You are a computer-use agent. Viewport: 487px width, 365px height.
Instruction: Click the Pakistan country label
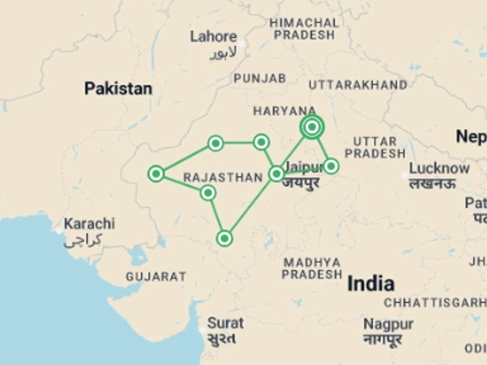click(x=118, y=88)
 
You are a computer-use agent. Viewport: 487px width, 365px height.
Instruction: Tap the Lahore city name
click(x=214, y=37)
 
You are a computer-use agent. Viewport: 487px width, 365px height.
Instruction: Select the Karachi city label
click(x=89, y=224)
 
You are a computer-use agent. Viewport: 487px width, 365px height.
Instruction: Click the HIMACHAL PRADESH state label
click(x=304, y=29)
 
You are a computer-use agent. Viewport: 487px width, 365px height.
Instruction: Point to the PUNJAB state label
click(x=260, y=78)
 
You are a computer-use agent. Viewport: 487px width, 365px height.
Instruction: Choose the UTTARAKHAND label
click(x=358, y=85)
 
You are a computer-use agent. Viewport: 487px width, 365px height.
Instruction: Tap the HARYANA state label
click(x=284, y=111)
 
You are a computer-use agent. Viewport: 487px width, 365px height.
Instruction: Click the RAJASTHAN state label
click(x=223, y=177)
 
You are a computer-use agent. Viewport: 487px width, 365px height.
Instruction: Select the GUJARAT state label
click(x=156, y=277)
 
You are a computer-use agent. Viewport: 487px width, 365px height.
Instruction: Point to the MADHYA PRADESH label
click(x=312, y=269)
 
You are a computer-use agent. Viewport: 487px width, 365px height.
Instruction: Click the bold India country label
click(x=371, y=284)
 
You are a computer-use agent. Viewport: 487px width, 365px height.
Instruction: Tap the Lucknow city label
click(x=439, y=169)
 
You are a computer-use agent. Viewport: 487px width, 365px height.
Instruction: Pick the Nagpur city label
click(x=388, y=324)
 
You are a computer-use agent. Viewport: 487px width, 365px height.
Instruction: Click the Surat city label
click(x=225, y=323)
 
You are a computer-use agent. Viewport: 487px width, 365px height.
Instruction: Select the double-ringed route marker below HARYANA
click(x=312, y=126)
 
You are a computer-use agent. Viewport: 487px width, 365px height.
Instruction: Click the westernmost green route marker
click(x=156, y=174)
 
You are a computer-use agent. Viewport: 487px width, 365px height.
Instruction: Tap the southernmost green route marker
click(x=224, y=238)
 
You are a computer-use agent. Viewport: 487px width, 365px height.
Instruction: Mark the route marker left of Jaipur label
click(x=276, y=174)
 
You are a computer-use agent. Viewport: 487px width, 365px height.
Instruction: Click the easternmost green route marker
click(x=331, y=166)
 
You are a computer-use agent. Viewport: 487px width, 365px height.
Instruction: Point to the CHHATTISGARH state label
click(x=435, y=303)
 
